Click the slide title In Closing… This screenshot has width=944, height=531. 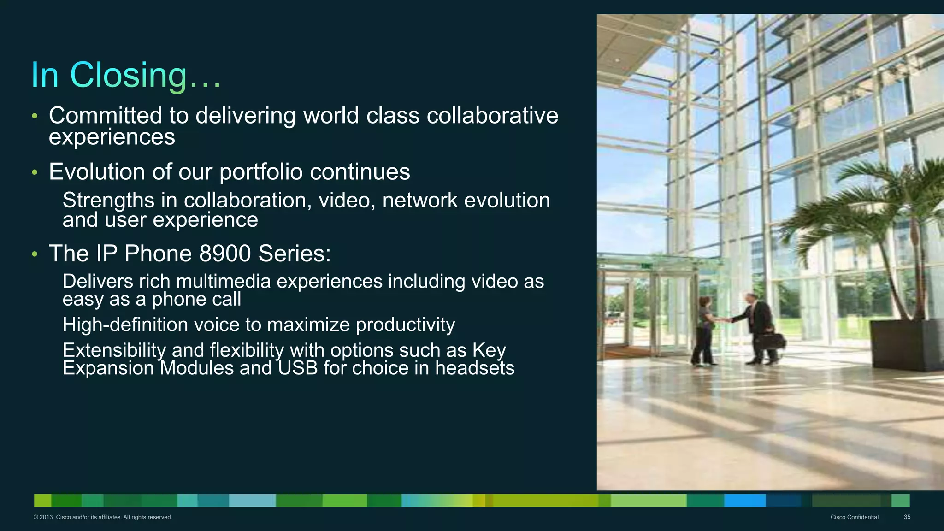coord(126,75)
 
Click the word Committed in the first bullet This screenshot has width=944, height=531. coord(105,115)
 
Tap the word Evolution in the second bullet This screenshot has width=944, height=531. coord(97,172)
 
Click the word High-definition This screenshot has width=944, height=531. coord(124,325)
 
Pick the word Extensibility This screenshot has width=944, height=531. coord(114,350)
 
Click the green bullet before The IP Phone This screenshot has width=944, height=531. coord(35,254)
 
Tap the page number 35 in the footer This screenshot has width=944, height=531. coord(907,517)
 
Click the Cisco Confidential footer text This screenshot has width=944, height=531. coord(854,517)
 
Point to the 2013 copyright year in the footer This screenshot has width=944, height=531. coord(46,517)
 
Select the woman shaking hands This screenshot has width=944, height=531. coord(705,330)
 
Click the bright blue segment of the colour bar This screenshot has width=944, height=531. coord(744,500)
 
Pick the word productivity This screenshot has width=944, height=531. coord(405,325)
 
